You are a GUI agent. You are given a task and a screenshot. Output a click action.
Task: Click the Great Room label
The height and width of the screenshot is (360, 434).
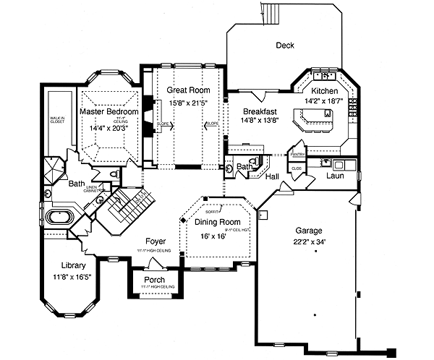click(x=188, y=90)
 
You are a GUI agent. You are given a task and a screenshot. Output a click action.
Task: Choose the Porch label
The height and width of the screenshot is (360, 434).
click(x=154, y=280)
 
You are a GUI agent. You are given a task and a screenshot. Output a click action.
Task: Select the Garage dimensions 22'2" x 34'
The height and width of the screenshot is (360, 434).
click(x=303, y=242)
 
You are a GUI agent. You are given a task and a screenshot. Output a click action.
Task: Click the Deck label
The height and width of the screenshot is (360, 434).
click(x=285, y=46)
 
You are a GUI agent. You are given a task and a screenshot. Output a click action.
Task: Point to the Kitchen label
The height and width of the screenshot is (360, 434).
click(x=325, y=91)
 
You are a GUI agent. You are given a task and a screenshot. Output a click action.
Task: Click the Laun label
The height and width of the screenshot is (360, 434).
click(x=334, y=176)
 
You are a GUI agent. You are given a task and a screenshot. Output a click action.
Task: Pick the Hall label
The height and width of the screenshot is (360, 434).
click(x=271, y=176)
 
